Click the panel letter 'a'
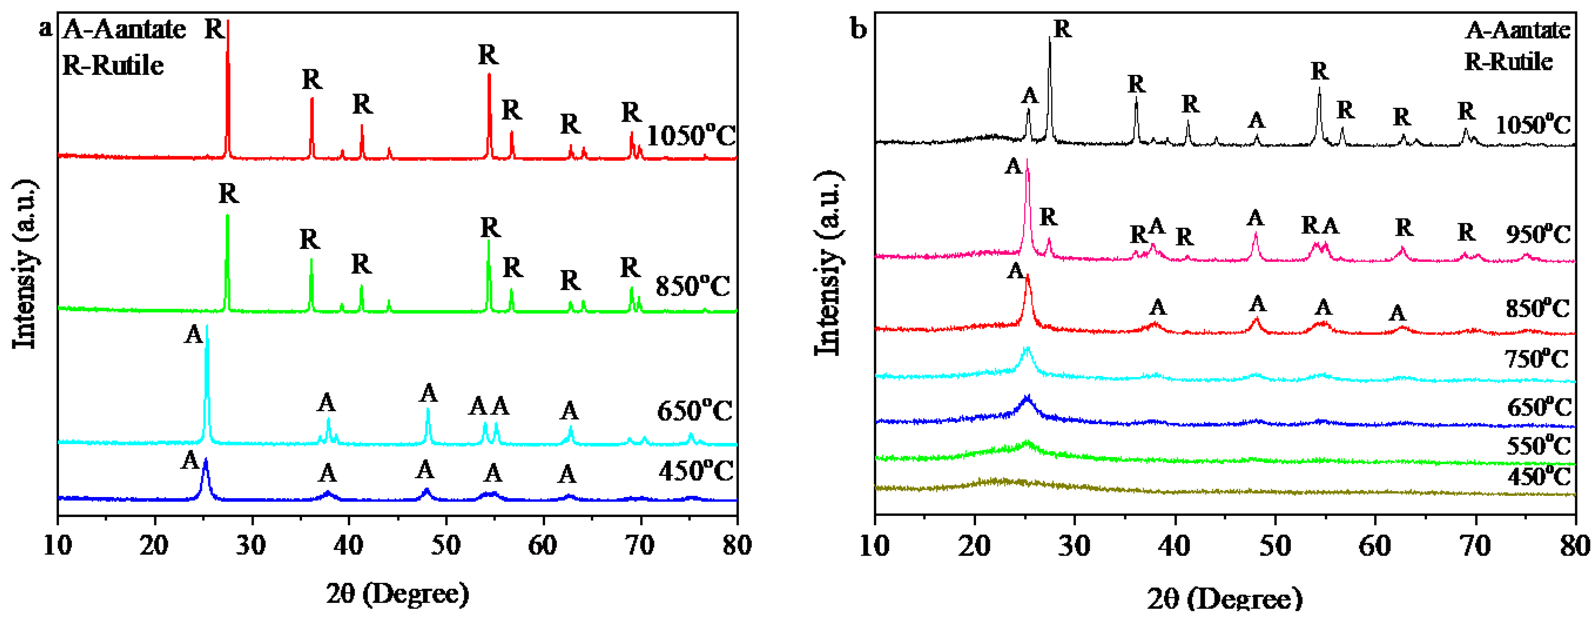45,28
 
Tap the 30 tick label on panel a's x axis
251,545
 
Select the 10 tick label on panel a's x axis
57,545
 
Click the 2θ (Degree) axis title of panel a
397,594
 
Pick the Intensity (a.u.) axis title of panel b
828,263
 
